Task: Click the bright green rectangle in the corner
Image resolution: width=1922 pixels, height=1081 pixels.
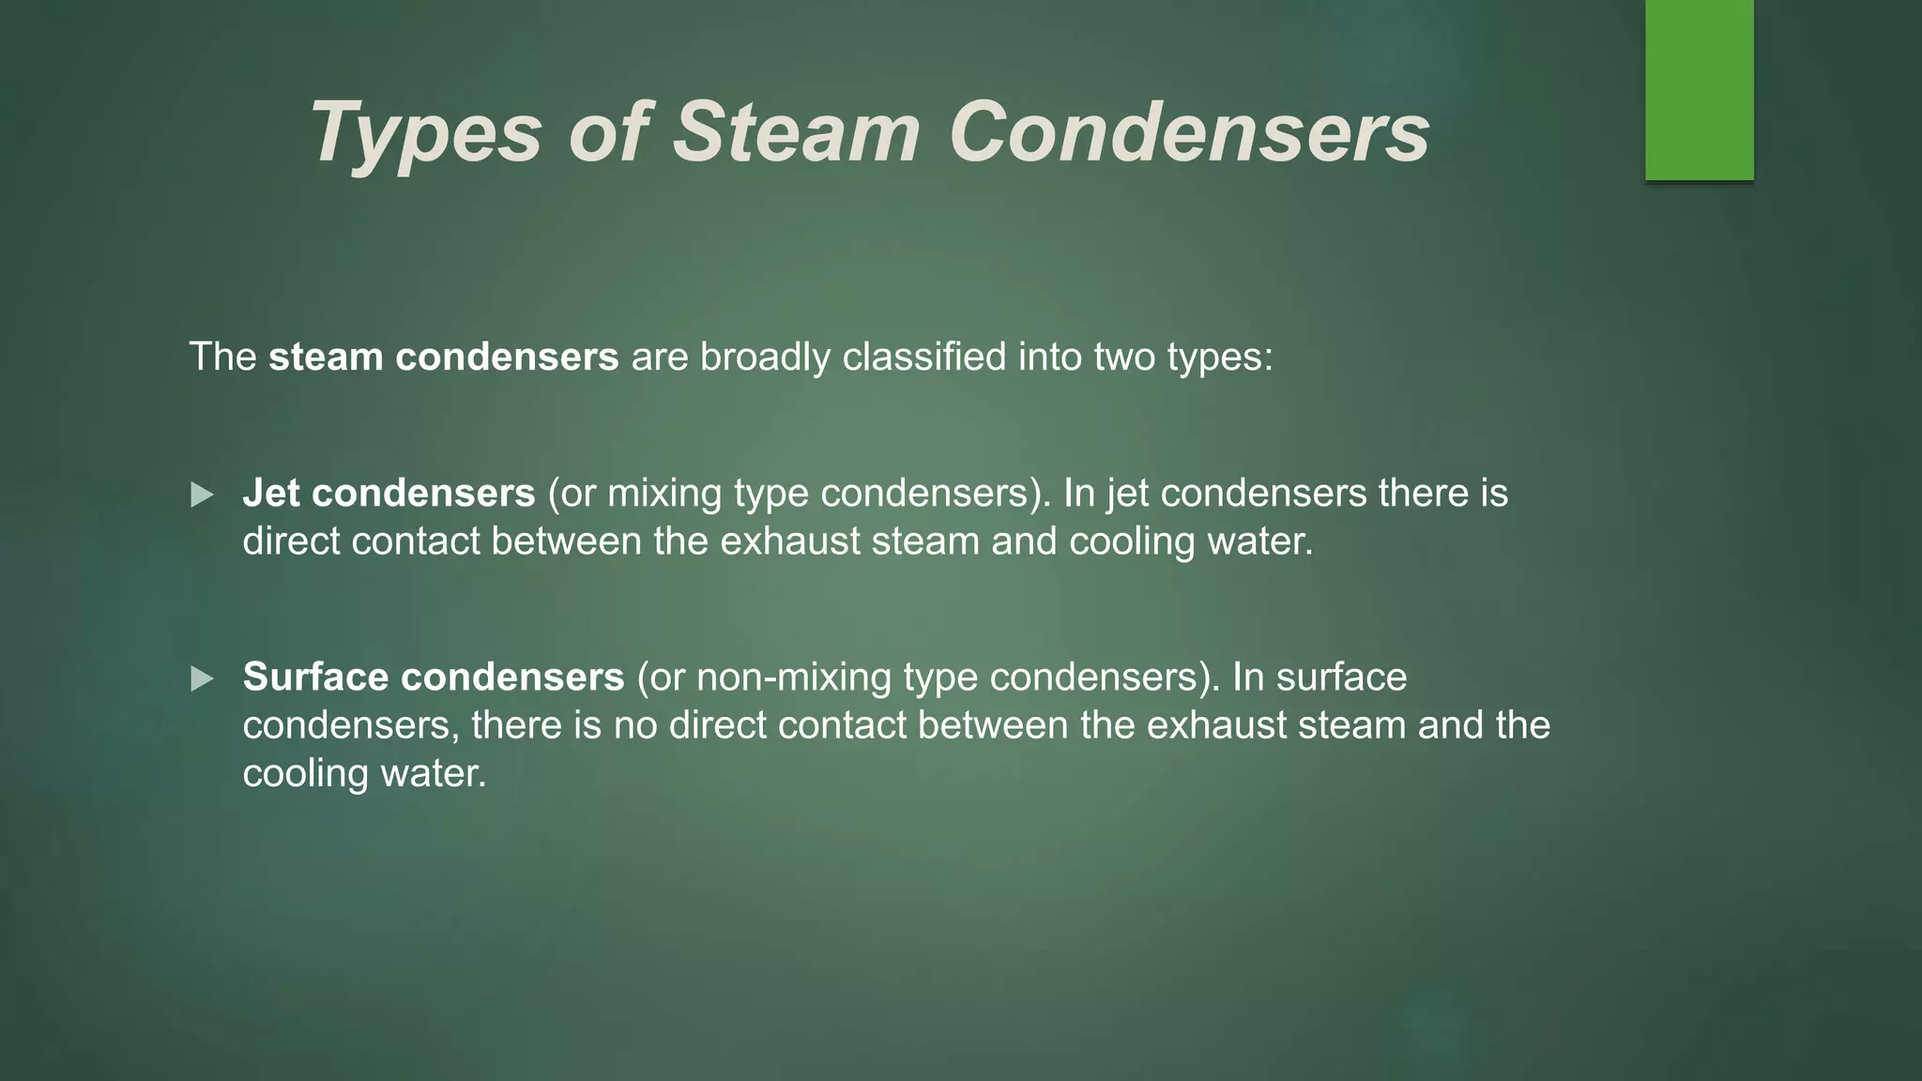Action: point(1699,89)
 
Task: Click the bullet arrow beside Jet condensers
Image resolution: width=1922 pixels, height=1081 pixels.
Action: point(202,495)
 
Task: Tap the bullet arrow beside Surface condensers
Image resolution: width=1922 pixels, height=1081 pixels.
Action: point(202,678)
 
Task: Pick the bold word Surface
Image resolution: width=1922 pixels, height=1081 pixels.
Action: point(315,677)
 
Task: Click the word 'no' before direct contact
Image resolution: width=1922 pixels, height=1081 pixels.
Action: point(634,725)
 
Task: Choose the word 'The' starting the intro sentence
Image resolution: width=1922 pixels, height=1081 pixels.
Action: point(222,357)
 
